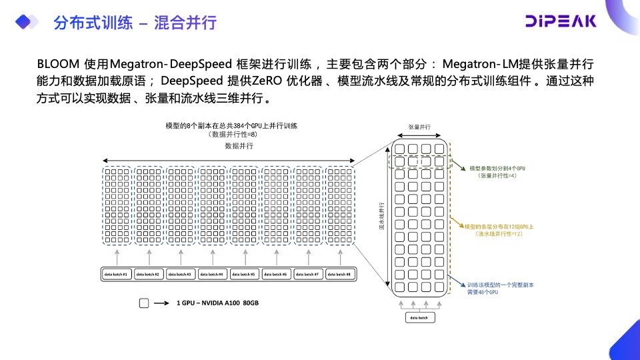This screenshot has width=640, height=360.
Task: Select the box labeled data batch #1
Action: click(x=115, y=274)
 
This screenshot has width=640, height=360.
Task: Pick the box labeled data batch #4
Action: click(x=211, y=274)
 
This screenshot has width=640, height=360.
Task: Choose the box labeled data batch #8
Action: click(x=339, y=274)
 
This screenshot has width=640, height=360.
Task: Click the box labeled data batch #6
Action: click(x=275, y=274)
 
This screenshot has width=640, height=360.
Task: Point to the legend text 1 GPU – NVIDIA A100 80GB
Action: click(x=217, y=303)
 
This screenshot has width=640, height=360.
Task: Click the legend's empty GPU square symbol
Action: click(x=144, y=303)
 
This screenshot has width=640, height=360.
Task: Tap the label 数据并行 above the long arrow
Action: click(x=239, y=145)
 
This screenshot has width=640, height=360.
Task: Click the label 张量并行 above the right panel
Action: click(x=419, y=127)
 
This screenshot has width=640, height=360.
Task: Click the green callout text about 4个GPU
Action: click(x=497, y=172)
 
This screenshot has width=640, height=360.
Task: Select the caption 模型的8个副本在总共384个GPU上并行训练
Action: click(x=231, y=125)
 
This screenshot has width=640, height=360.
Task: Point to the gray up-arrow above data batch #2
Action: click(x=149, y=257)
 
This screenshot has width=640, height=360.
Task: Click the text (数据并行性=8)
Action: click(x=232, y=134)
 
